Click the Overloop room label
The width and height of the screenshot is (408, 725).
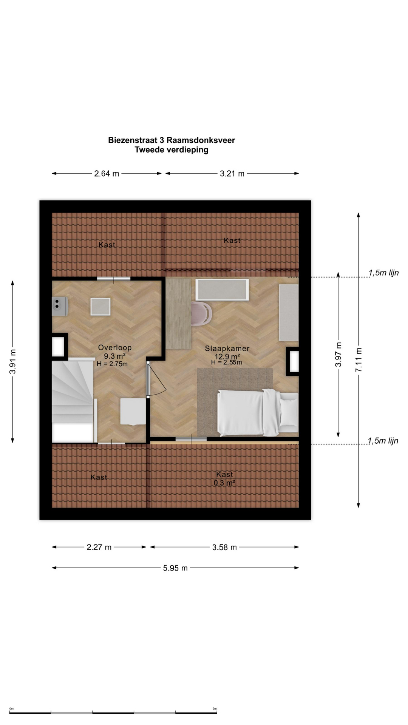click(x=115, y=348)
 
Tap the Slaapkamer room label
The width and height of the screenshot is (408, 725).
click(x=227, y=349)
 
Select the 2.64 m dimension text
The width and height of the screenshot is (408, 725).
click(x=107, y=174)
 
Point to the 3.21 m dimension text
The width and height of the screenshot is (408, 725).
click(x=232, y=174)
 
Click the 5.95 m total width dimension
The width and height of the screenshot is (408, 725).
click(x=175, y=568)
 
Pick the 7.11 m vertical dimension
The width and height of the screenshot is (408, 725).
click(x=359, y=360)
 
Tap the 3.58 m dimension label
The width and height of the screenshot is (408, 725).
click(x=224, y=547)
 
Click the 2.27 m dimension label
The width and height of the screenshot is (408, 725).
click(x=99, y=547)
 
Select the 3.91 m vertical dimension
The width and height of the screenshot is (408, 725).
click(x=13, y=362)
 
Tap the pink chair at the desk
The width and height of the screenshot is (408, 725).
click(x=202, y=313)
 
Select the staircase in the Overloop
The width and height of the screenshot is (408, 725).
click(x=73, y=400)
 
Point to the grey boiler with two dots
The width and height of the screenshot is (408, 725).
click(x=60, y=306)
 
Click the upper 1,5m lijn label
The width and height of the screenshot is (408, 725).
click(x=383, y=273)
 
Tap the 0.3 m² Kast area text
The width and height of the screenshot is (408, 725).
click(x=224, y=483)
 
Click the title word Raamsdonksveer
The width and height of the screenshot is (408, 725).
click(x=201, y=140)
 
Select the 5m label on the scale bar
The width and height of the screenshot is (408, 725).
click(x=215, y=708)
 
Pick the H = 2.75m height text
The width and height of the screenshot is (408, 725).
click(x=112, y=364)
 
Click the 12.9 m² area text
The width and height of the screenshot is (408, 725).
click(x=227, y=356)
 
